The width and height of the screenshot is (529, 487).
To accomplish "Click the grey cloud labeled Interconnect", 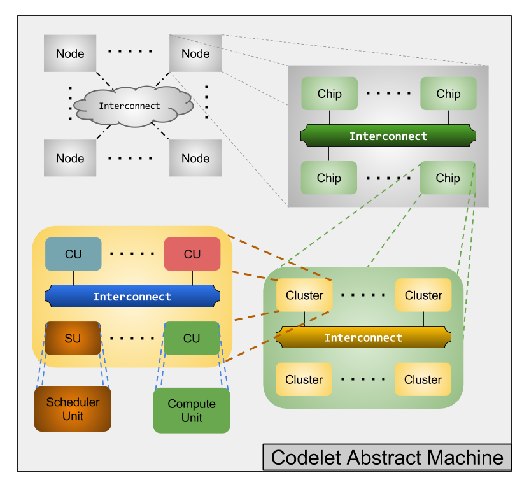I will (131, 106).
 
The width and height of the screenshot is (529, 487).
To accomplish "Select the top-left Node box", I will (70, 53).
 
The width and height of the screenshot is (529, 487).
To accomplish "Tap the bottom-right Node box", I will (195, 158).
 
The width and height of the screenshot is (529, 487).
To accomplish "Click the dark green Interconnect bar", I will (388, 136).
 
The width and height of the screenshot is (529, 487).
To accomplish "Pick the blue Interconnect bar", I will (132, 297).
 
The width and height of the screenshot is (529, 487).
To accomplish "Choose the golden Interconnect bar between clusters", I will (363, 337).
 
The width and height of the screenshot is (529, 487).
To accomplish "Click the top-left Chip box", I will (329, 94).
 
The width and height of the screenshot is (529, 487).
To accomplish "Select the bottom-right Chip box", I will (448, 178).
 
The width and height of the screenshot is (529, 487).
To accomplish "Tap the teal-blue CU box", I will (73, 254).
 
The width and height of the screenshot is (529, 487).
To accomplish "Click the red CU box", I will (192, 254).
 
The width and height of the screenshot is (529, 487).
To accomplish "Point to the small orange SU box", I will (73, 338).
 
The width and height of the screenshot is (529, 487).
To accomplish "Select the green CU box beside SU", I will (192, 338).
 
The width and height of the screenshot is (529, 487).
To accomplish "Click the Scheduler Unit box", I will (73, 409).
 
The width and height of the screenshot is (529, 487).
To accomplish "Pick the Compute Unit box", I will (192, 411).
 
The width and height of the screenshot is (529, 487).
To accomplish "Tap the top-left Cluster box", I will (304, 295).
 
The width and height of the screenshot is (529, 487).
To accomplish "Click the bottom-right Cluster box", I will (423, 379).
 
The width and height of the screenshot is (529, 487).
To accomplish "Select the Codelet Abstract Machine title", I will (387, 457).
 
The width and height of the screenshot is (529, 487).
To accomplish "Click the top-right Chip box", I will (448, 94).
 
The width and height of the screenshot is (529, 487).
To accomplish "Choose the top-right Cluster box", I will (423, 295).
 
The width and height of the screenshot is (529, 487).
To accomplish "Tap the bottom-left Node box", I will (70, 158).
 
